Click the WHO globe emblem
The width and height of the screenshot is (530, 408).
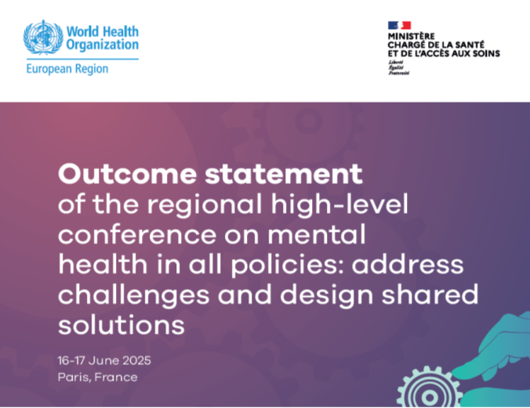click(x=43, y=37)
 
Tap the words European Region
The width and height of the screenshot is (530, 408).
click(x=67, y=69)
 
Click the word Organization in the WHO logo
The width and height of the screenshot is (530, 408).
click(x=102, y=45)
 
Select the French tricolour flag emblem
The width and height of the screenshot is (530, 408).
click(x=399, y=25)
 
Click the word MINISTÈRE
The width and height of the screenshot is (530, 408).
click(x=411, y=36)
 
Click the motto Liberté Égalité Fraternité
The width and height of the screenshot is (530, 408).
click(x=398, y=67)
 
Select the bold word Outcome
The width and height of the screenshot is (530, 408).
click(x=128, y=174)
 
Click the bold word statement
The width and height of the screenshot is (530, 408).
click(x=284, y=174)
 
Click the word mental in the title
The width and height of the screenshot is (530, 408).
click(x=317, y=234)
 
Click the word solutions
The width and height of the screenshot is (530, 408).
click(x=122, y=325)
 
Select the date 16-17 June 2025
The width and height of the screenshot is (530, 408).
click(x=104, y=360)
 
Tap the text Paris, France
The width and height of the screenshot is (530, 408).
click(x=97, y=377)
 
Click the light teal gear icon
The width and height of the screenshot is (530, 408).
click(x=430, y=388)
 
